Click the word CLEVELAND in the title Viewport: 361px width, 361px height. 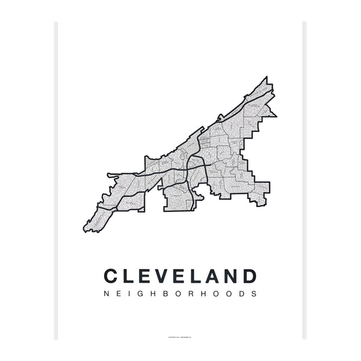180,277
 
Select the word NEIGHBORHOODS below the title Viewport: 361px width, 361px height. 180,295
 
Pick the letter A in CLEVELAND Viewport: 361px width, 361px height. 213,277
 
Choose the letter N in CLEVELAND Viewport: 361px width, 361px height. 231,277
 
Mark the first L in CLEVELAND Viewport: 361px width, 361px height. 128,277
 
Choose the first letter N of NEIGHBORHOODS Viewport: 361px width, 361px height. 106,295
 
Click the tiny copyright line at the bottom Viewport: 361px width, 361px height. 180,337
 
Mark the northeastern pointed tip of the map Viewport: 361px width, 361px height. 265,78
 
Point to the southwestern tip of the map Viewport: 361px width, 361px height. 85,230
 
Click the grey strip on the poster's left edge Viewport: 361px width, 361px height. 57,180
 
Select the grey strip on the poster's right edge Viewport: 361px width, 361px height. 304,180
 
